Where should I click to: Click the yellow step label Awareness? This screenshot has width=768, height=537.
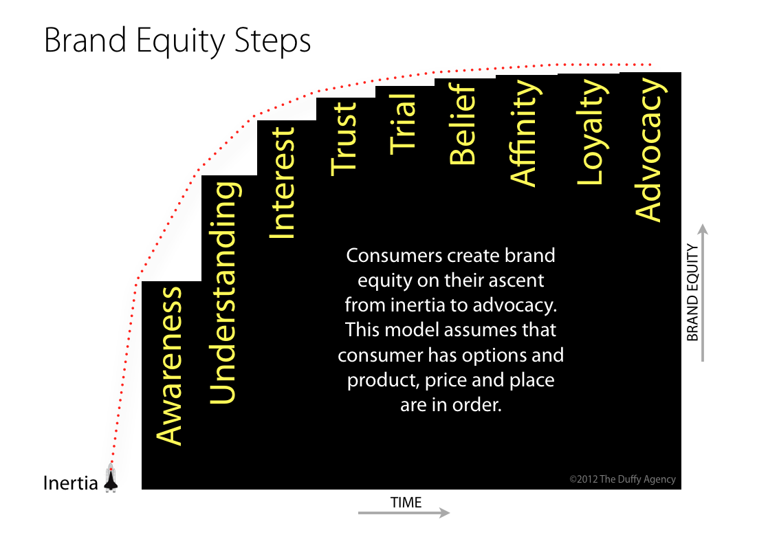pos(170,365)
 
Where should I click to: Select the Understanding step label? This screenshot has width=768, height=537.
pos(223,292)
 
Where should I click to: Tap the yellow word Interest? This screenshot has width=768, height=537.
pos(282,183)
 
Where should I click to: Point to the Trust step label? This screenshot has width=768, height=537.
pos(344,138)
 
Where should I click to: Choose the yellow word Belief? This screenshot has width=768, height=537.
pos(463,123)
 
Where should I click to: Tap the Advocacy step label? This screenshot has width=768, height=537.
pos(650,151)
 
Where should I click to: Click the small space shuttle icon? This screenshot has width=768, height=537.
pos(111,479)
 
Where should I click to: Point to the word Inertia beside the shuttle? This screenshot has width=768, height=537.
pos(71,483)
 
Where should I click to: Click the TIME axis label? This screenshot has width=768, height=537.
pos(406,502)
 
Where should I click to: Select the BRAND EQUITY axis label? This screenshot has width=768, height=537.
pos(692,292)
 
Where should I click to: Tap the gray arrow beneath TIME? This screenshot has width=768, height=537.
pos(404,513)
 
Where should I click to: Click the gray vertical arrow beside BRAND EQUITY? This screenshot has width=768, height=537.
pos(702,292)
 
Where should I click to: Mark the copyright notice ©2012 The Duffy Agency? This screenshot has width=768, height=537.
pos(622,479)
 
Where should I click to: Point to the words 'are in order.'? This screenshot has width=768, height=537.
pos(451,405)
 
